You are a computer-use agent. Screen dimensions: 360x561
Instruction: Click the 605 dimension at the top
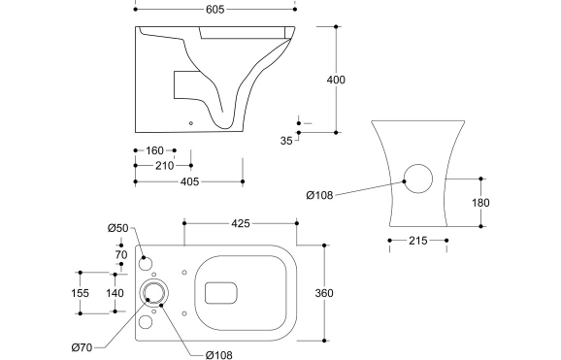coord(215,9)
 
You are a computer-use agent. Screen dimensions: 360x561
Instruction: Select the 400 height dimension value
coord(336,80)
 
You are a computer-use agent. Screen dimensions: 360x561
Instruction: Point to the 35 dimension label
coord(286,141)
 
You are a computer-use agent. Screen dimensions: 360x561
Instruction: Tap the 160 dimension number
coord(154,150)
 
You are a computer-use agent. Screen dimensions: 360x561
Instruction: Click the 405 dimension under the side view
coord(189,180)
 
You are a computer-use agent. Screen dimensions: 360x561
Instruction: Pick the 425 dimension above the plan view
coord(240,223)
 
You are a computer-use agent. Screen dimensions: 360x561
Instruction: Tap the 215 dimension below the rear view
coord(417,240)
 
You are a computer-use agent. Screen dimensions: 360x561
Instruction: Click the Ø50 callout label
coord(117,228)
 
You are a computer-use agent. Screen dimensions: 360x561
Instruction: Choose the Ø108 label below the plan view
coord(218,355)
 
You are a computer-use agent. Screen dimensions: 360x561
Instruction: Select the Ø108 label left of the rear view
coord(319,195)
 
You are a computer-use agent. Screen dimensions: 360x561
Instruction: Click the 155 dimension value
coord(81,292)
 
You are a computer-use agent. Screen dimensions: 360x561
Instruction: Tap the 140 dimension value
coord(115,292)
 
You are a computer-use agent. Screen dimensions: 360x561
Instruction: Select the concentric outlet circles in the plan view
coord(153,292)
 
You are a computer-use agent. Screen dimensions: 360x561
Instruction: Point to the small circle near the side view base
coord(191,123)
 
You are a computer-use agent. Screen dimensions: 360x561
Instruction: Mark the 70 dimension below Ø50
coord(121,255)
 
